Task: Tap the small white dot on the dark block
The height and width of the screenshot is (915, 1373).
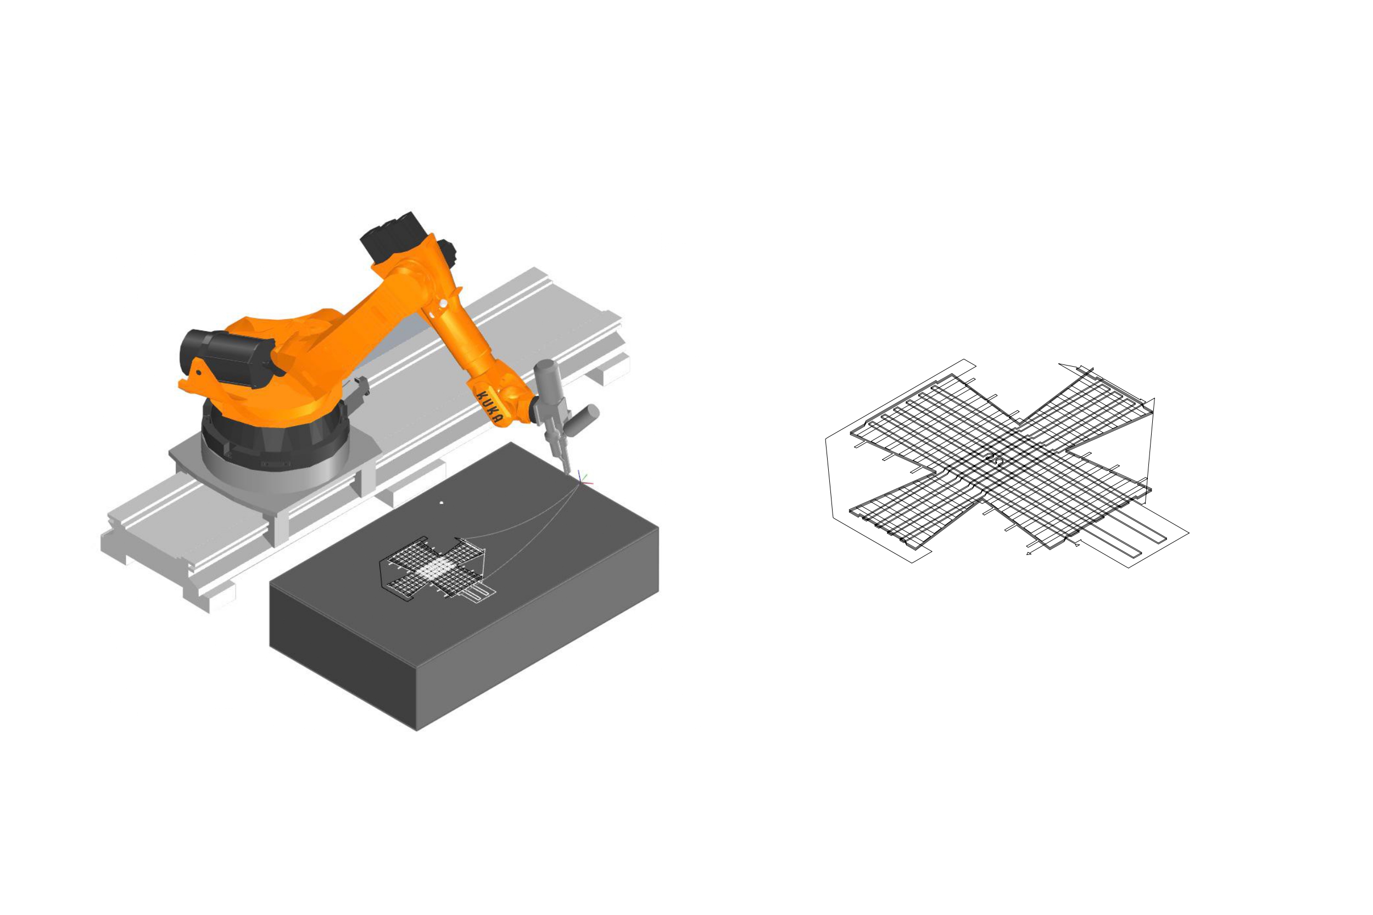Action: pyautogui.click(x=442, y=501)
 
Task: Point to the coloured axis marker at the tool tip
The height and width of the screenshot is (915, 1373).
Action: pyautogui.click(x=583, y=479)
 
